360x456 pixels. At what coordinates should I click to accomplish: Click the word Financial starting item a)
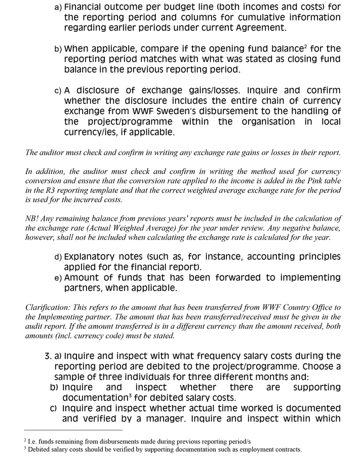click(89, 7)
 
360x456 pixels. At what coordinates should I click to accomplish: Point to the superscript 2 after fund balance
click(305, 47)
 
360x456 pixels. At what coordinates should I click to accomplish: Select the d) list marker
click(58, 257)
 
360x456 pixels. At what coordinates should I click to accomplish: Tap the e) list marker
click(58, 278)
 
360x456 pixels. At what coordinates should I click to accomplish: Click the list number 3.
click(48, 356)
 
